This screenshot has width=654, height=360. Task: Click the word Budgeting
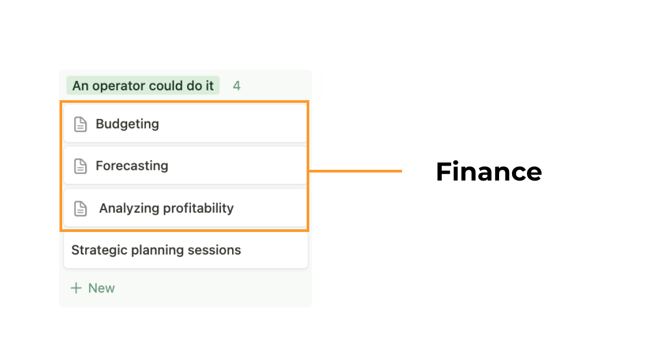click(127, 124)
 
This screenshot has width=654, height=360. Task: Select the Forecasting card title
click(132, 166)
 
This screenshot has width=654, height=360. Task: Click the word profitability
click(198, 208)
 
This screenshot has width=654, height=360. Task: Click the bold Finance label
click(489, 171)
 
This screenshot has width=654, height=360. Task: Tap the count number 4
click(237, 86)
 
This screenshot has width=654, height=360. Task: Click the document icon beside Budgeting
click(80, 125)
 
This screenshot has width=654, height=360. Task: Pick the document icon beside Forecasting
click(80, 166)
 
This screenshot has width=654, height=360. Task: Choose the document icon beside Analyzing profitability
click(80, 208)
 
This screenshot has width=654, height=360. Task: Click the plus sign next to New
click(76, 288)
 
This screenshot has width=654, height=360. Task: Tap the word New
click(102, 288)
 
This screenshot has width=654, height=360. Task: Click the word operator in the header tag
click(118, 86)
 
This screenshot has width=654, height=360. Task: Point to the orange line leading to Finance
click(355, 171)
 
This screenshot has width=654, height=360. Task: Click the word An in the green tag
click(80, 86)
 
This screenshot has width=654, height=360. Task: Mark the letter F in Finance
click(443, 171)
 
